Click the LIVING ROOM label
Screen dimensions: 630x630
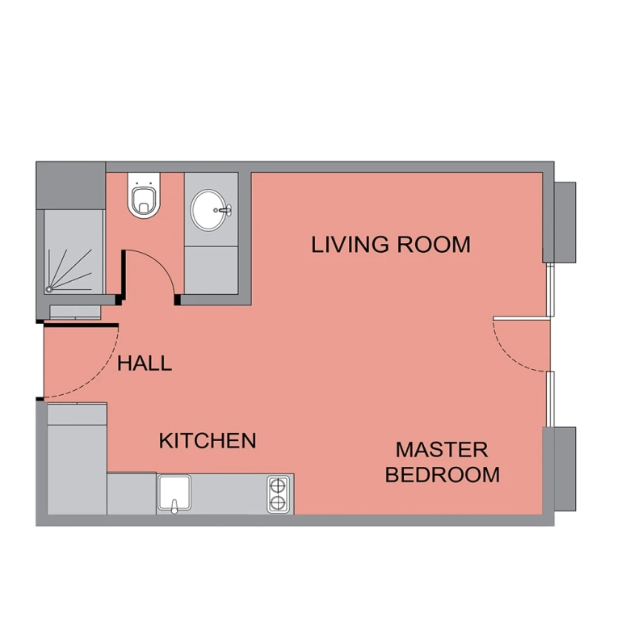(x=391, y=245)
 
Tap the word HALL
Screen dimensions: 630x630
(x=145, y=363)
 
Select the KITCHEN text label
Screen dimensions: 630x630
(x=208, y=440)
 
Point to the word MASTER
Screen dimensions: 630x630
(x=442, y=450)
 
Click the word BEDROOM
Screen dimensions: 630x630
(x=443, y=474)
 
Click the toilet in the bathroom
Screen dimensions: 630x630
(x=144, y=195)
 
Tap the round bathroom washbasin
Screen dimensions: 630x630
(x=208, y=210)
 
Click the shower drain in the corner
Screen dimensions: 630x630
(x=49, y=289)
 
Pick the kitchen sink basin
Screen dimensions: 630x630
(x=174, y=492)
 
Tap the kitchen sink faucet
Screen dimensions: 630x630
(x=174, y=507)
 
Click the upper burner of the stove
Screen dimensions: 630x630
(x=278, y=485)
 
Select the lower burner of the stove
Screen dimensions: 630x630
(x=278, y=502)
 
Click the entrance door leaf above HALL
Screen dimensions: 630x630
(x=80, y=325)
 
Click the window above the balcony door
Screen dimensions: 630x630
(x=551, y=290)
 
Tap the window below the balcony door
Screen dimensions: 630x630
(x=551, y=398)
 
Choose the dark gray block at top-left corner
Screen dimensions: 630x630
(x=71, y=185)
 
